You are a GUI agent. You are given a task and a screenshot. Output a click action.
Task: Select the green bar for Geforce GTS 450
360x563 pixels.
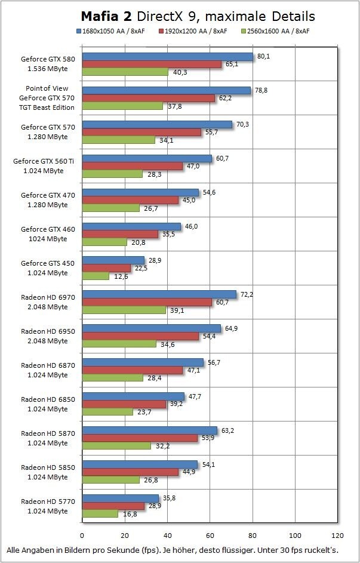(x=96, y=276)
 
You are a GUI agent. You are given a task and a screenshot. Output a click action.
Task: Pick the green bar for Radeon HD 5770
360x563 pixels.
(x=100, y=513)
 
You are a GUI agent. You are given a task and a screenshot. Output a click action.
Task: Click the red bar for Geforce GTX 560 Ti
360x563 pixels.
(x=132, y=167)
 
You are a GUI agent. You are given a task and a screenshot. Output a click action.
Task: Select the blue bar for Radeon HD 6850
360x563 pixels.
(x=133, y=396)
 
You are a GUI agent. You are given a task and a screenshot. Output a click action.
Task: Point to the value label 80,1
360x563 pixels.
(x=264, y=56)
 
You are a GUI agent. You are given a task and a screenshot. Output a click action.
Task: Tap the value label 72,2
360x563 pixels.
(x=247, y=294)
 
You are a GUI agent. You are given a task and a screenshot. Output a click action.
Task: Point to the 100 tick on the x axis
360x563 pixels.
(x=296, y=536)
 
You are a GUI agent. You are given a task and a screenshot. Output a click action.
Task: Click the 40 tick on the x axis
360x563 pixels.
(x=168, y=536)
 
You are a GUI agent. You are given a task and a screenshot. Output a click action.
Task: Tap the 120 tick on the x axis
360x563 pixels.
(x=338, y=536)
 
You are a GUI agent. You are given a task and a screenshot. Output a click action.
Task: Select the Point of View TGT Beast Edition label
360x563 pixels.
(x=47, y=98)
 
